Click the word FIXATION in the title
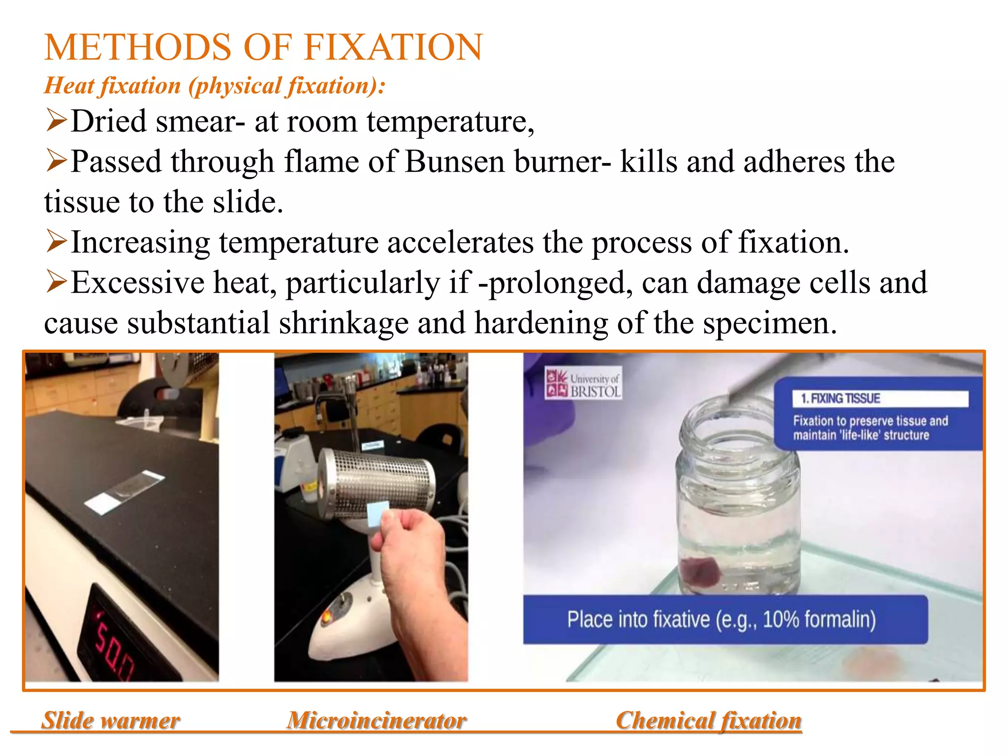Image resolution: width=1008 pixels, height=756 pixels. click(x=393, y=47)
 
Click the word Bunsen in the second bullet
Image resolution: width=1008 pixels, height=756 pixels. click(x=454, y=162)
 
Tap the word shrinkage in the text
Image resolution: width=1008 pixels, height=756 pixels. click(x=344, y=323)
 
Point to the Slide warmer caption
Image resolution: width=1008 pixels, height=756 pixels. click(x=111, y=721)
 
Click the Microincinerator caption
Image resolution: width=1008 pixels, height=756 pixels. click(x=377, y=721)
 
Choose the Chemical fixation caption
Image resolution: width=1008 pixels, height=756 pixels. click(x=709, y=721)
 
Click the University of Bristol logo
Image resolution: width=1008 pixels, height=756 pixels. click(x=583, y=383)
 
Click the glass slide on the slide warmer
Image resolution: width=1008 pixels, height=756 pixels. click(x=126, y=492)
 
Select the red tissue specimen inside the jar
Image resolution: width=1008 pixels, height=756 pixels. click(x=700, y=572)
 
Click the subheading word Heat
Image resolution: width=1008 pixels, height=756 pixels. click(x=69, y=86)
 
